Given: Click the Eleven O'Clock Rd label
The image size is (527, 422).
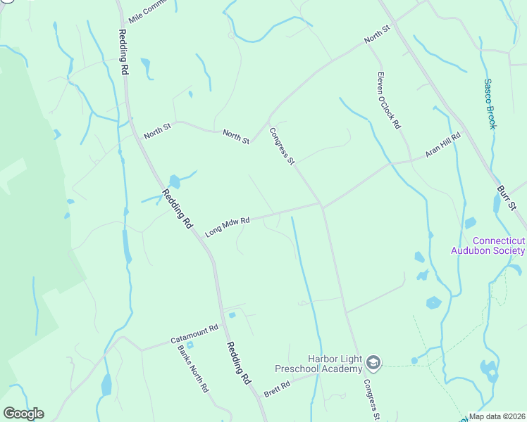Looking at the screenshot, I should coord(388,101).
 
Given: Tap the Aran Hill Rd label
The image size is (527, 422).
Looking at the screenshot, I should coord(442,145).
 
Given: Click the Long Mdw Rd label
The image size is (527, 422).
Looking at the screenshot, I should coord(228,226).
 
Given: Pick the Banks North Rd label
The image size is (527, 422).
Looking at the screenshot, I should coord(193,369).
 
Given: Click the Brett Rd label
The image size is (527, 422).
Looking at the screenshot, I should coord(277,388).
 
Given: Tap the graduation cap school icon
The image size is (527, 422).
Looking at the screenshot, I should coord(373,363).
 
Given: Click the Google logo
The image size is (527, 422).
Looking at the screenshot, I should coord(23,414).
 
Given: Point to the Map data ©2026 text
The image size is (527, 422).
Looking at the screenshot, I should coord(496,416).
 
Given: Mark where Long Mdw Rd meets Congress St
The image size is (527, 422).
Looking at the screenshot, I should coord(322,205).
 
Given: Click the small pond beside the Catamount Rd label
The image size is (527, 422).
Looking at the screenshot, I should coord(190,345).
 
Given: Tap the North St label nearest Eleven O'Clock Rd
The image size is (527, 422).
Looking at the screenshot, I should coord(377,35).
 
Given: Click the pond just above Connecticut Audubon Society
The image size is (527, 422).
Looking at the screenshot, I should coord(470,223).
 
